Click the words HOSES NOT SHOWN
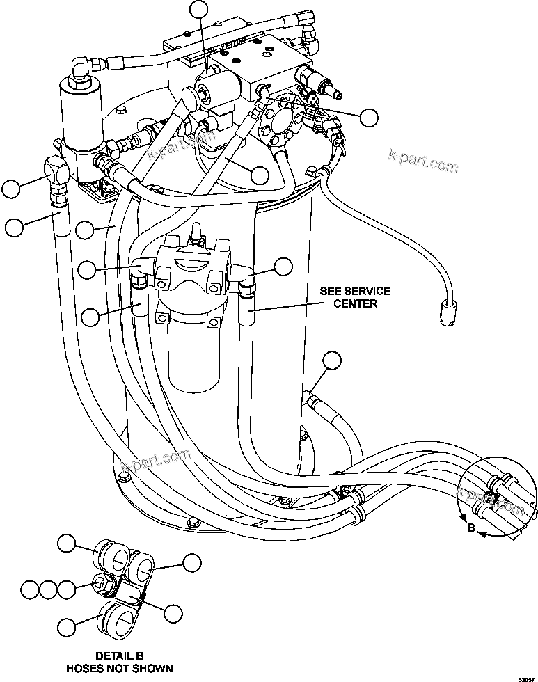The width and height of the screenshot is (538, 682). tap(119, 668)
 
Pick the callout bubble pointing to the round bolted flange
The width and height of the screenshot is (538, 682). tap(368, 117)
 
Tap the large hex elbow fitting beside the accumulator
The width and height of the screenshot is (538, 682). tap(56, 168)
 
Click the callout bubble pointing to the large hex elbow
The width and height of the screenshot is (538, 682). tap(11, 188)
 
